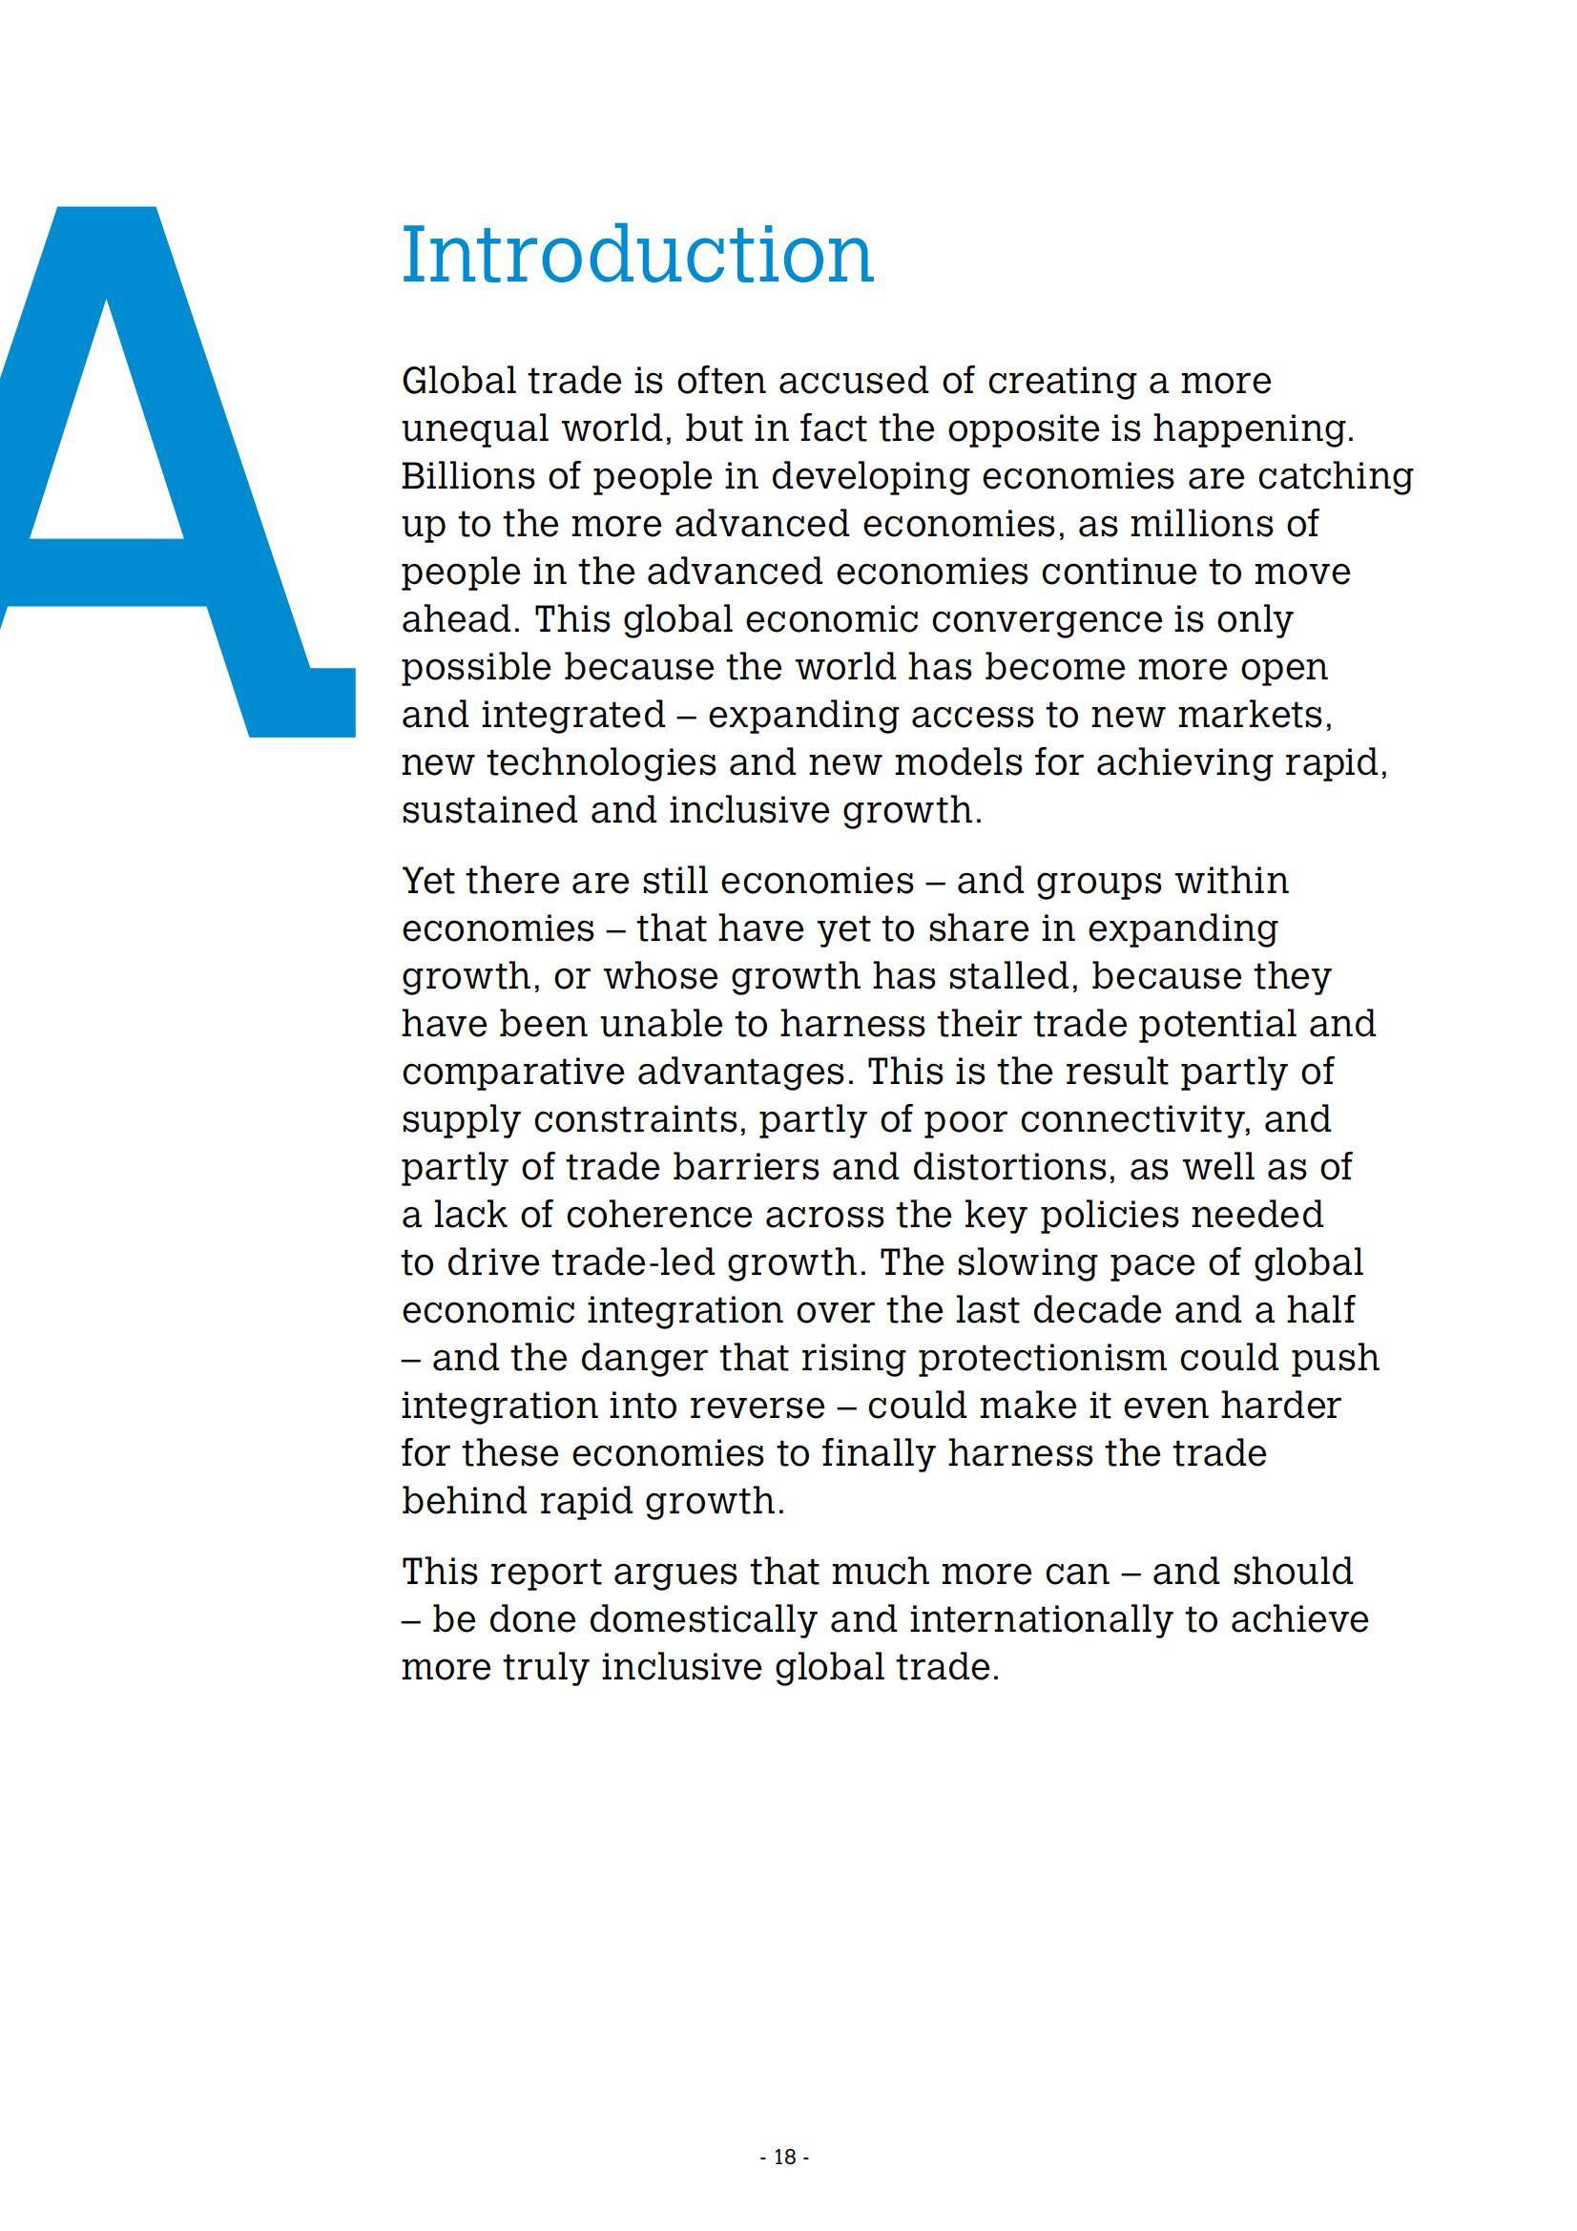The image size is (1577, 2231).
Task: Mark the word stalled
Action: point(1005,976)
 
